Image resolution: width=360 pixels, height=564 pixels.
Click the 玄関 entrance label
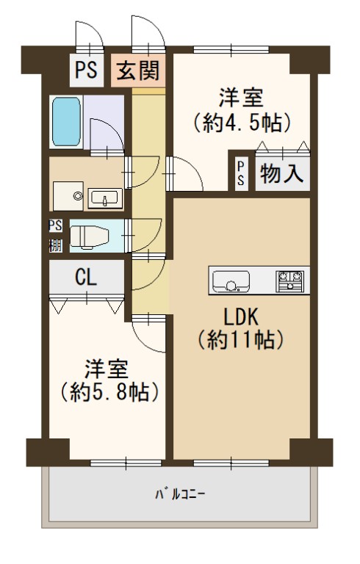tap(139, 70)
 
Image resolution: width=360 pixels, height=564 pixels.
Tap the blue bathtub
tap(66, 122)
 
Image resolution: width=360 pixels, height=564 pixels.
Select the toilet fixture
tap(90, 237)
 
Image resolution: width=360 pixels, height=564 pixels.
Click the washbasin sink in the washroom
tap(104, 198)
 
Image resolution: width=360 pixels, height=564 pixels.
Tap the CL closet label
tap(86, 278)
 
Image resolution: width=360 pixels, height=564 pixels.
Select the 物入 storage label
tap(282, 174)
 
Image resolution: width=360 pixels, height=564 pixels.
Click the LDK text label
tap(241, 317)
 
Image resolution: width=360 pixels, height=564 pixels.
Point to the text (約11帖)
tap(241, 340)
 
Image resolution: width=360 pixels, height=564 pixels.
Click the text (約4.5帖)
tap(242, 123)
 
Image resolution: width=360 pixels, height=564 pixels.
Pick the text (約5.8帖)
tap(109, 392)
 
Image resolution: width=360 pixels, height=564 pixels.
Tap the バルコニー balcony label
tap(180, 494)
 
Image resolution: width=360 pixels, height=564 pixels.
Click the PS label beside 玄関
tap(86, 70)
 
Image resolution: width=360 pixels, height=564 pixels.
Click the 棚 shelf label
tap(55, 246)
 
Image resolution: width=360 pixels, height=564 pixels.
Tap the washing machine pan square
tap(68, 196)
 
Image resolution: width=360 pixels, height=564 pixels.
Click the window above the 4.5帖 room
tap(231, 49)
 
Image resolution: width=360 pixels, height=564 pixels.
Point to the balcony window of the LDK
tap(231, 463)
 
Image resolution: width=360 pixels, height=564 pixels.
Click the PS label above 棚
tap(55, 226)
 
